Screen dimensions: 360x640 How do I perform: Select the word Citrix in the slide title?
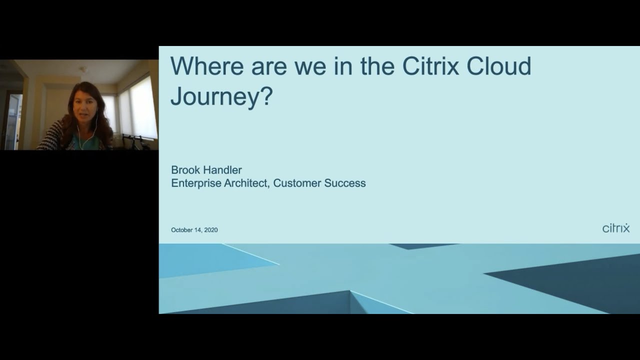[x=430, y=66]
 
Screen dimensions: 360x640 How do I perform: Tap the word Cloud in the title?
[x=498, y=66]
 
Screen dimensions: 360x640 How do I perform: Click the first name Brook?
[x=185, y=170]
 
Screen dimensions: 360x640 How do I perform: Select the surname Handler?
[x=222, y=170]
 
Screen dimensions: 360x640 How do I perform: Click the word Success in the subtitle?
[x=345, y=183]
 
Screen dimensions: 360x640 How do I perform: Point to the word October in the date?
[x=182, y=230]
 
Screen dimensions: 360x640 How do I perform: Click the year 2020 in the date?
[x=211, y=230]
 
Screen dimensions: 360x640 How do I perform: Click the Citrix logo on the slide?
[x=615, y=228]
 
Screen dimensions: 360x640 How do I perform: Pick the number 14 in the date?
[x=198, y=230]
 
